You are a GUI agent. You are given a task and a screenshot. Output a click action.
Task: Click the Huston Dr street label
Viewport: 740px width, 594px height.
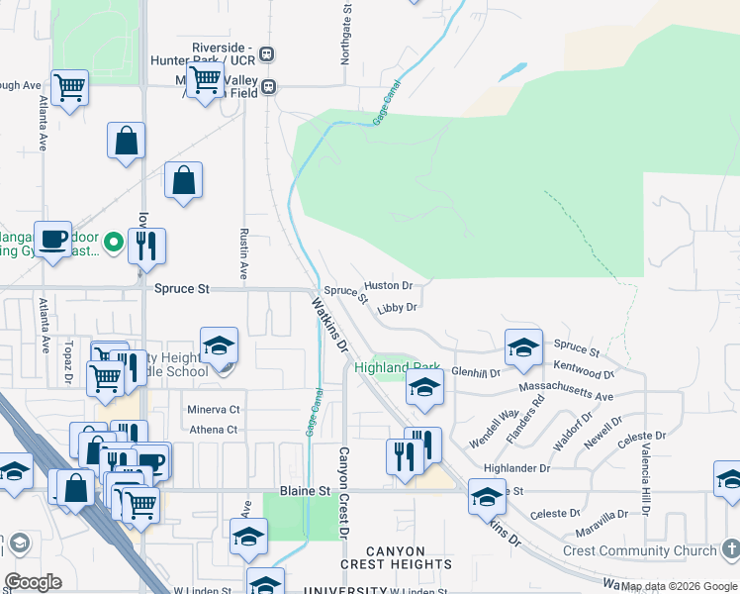point(388,285)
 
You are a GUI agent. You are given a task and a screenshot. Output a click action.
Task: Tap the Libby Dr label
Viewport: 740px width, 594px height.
point(397,308)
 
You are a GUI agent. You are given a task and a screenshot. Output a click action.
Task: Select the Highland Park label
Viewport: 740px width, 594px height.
point(396,367)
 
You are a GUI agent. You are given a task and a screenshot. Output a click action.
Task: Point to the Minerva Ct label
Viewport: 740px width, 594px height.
point(213,409)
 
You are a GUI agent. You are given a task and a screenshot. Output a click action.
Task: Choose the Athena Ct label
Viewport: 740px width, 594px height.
point(215,430)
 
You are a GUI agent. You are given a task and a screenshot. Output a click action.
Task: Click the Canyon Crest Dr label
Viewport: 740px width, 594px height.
point(344,492)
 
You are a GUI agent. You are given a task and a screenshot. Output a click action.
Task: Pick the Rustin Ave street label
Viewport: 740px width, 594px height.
point(243,252)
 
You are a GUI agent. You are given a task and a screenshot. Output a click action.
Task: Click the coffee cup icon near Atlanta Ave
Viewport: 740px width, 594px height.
point(53,239)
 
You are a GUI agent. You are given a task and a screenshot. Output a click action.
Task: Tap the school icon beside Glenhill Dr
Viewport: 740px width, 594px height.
point(523,346)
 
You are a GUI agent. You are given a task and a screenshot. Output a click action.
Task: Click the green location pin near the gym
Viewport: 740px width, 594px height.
point(114,241)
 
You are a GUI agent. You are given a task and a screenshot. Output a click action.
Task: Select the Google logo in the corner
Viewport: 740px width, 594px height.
point(33,582)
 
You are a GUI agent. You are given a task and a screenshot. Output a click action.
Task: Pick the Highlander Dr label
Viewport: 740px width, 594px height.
point(516,467)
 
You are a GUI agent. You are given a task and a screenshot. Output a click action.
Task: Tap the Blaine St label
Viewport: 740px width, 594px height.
point(304,491)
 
